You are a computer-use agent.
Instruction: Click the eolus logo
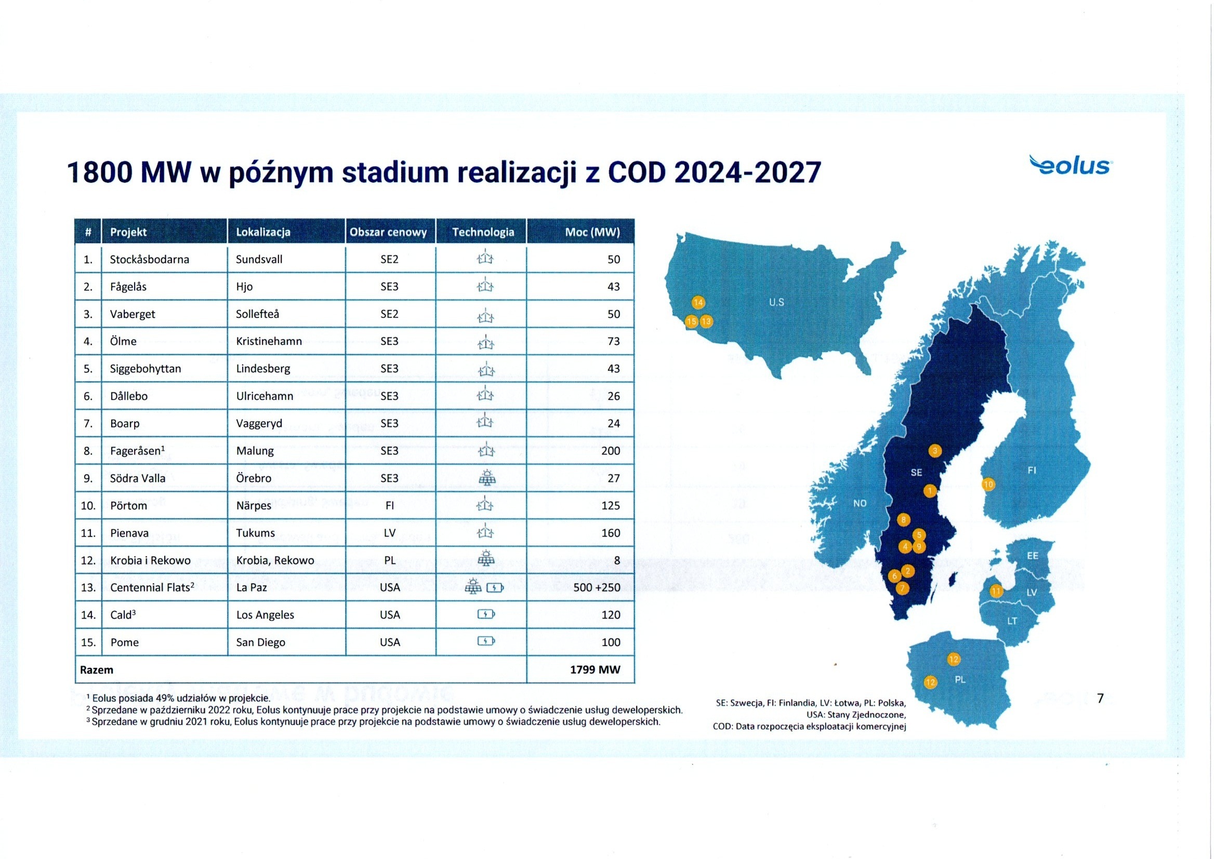coord(1071,166)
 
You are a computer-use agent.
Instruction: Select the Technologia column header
coord(483,232)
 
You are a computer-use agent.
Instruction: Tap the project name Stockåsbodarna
coord(149,259)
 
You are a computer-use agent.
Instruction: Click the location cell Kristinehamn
coord(269,341)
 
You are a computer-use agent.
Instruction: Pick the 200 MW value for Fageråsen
coord(611,451)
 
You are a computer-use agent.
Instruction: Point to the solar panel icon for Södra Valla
coord(486,478)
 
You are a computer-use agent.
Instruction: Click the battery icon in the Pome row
coord(486,641)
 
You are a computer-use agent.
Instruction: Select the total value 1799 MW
coord(595,669)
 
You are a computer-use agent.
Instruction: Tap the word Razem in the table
coord(96,669)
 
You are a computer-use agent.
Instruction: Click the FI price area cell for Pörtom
coord(390,506)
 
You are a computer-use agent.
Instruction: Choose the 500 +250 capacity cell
coord(597,587)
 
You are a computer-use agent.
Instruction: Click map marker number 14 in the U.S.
coord(698,303)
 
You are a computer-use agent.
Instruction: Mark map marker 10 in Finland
coord(988,484)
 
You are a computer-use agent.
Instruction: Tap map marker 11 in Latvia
coord(996,591)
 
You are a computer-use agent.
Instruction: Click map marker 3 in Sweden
coord(934,451)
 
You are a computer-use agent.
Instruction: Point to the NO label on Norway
coord(860,504)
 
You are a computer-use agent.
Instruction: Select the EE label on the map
coord(1033,556)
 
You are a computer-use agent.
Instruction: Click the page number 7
coord(1100,698)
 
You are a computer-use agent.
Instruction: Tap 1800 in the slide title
coord(99,172)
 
